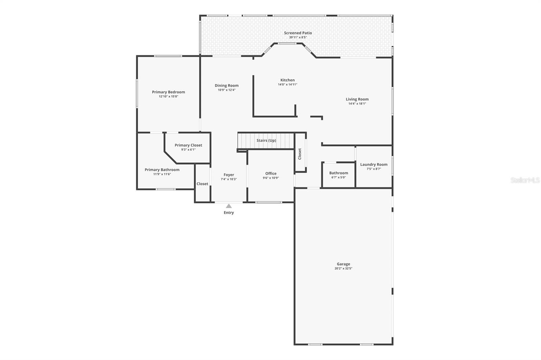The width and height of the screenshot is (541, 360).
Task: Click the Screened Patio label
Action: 298,33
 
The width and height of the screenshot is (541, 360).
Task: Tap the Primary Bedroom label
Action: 168,92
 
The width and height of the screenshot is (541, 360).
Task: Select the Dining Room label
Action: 227,86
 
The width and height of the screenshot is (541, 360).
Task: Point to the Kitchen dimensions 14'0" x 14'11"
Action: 287,85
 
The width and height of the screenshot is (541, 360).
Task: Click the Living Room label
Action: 357,99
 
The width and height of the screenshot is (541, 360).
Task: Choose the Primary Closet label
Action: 188,145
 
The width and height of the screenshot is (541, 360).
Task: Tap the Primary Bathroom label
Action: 162,170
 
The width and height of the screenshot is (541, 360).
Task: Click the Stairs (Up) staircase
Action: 266,141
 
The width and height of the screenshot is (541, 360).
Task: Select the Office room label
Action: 271,173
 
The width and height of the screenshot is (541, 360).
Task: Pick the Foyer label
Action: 229,175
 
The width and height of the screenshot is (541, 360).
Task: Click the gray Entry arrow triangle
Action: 229,206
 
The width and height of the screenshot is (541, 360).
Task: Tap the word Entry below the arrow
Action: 229,213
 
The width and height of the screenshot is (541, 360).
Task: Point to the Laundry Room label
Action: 374,164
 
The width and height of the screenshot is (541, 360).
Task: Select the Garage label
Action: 343,264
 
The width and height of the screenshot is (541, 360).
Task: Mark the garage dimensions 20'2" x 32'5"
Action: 343,268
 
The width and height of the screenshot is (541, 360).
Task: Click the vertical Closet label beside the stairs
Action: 300,154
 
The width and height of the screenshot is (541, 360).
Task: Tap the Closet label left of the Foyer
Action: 202,184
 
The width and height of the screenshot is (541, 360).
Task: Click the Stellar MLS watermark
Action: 525,180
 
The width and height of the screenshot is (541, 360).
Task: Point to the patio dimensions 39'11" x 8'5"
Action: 298,37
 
